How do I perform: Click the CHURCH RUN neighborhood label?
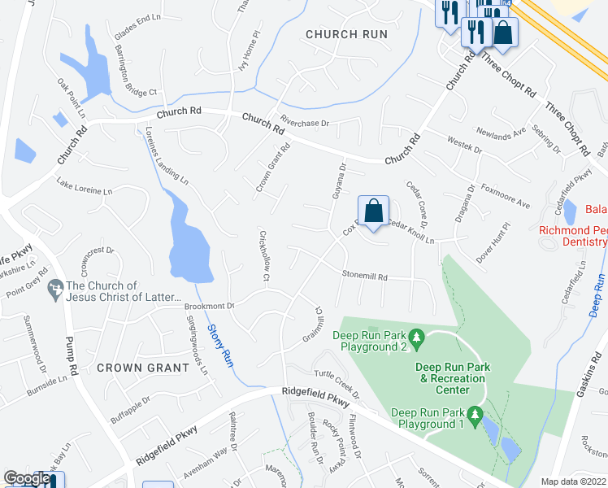coord(342,34)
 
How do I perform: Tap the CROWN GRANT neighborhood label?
coord(142,368)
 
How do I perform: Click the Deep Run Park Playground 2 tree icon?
coord(416,336)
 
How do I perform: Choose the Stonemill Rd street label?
coord(364,277)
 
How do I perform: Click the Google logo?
coord(27,478)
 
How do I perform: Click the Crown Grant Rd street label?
coord(274,168)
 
